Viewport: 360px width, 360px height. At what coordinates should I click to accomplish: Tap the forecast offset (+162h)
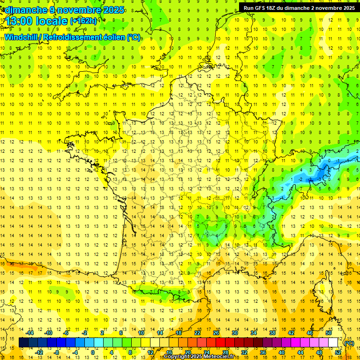83,21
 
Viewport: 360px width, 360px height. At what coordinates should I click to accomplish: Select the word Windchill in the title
22,37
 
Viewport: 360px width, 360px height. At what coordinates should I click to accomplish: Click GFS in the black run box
259,8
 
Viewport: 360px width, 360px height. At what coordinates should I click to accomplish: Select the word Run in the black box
248,8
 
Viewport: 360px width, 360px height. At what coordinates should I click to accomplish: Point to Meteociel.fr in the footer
219,357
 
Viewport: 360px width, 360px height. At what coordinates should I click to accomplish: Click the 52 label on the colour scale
338,352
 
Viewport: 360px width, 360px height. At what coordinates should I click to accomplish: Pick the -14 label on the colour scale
31,333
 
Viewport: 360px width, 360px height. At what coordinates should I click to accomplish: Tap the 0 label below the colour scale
93,352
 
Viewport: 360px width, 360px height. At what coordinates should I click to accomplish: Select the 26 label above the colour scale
216,333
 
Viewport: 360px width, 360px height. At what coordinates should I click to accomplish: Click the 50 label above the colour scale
328,333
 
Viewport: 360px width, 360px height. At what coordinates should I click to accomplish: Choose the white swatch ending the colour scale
333,343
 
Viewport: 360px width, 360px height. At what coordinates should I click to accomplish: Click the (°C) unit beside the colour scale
349,343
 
